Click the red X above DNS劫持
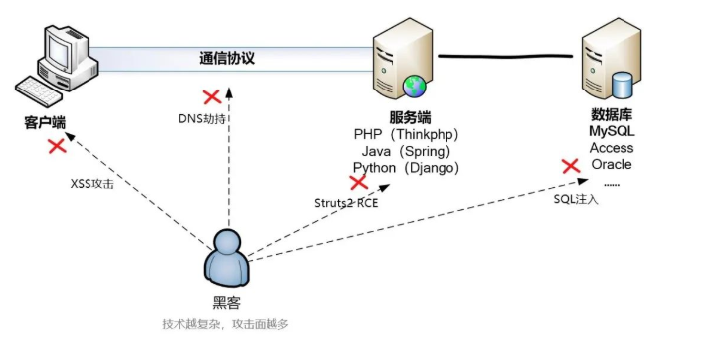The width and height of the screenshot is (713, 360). [211, 97]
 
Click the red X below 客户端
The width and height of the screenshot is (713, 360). [57, 146]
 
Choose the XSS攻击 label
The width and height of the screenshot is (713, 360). [91, 184]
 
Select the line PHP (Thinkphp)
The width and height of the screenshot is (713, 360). [406, 134]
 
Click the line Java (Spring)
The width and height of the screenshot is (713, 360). [406, 151]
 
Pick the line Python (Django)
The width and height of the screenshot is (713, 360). [406, 168]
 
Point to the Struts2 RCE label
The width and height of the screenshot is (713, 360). [347, 203]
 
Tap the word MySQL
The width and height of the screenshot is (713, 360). [612, 131]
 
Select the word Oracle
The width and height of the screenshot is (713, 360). [612, 164]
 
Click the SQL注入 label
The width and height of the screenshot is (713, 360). [575, 199]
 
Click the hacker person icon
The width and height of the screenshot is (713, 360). [227, 261]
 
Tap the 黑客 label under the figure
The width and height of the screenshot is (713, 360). [227, 303]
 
